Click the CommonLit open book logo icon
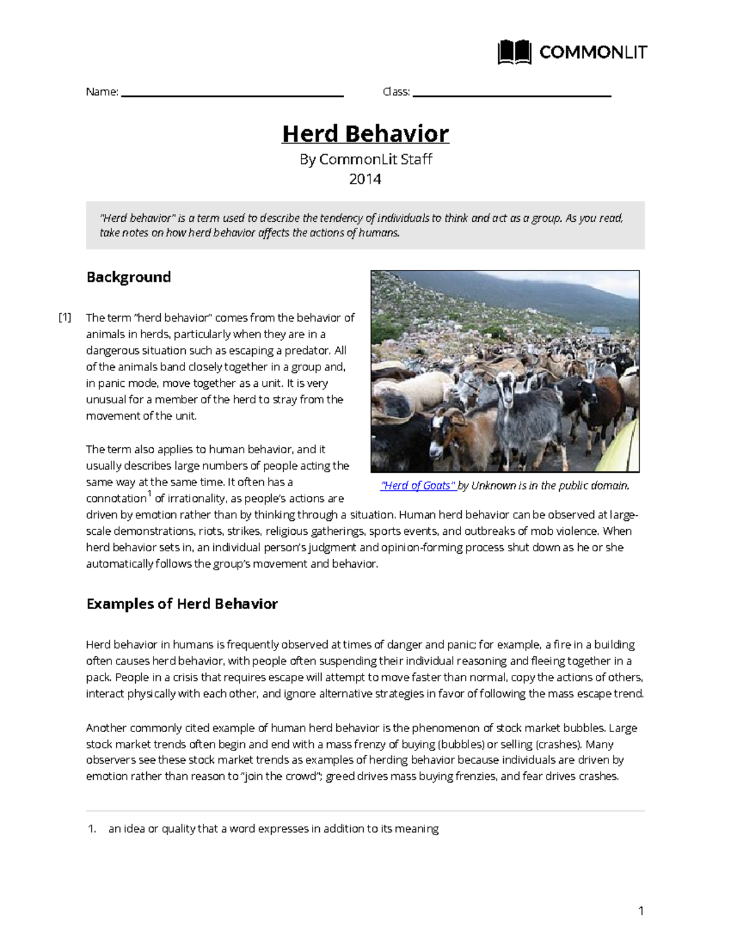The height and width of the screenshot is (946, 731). click(x=514, y=52)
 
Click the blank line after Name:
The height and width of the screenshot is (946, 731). click(x=233, y=95)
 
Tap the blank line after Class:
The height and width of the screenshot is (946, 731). click(x=512, y=95)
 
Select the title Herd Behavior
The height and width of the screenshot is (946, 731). click(x=365, y=133)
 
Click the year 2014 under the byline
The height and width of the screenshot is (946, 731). click(x=365, y=179)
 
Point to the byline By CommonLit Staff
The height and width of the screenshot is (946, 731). click(x=365, y=160)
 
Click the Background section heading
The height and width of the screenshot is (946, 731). click(x=129, y=277)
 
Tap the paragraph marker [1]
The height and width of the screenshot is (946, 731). click(x=65, y=317)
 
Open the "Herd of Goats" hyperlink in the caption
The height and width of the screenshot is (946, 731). click(x=418, y=485)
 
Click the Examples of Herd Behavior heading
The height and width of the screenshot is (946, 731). click(x=182, y=604)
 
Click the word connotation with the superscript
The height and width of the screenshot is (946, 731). click(x=116, y=499)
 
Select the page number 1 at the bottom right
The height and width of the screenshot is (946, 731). click(x=641, y=911)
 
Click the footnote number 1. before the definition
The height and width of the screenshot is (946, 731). click(x=92, y=829)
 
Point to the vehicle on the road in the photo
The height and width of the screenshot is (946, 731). click(x=600, y=333)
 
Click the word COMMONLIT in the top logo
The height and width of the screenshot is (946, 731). click(x=593, y=53)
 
